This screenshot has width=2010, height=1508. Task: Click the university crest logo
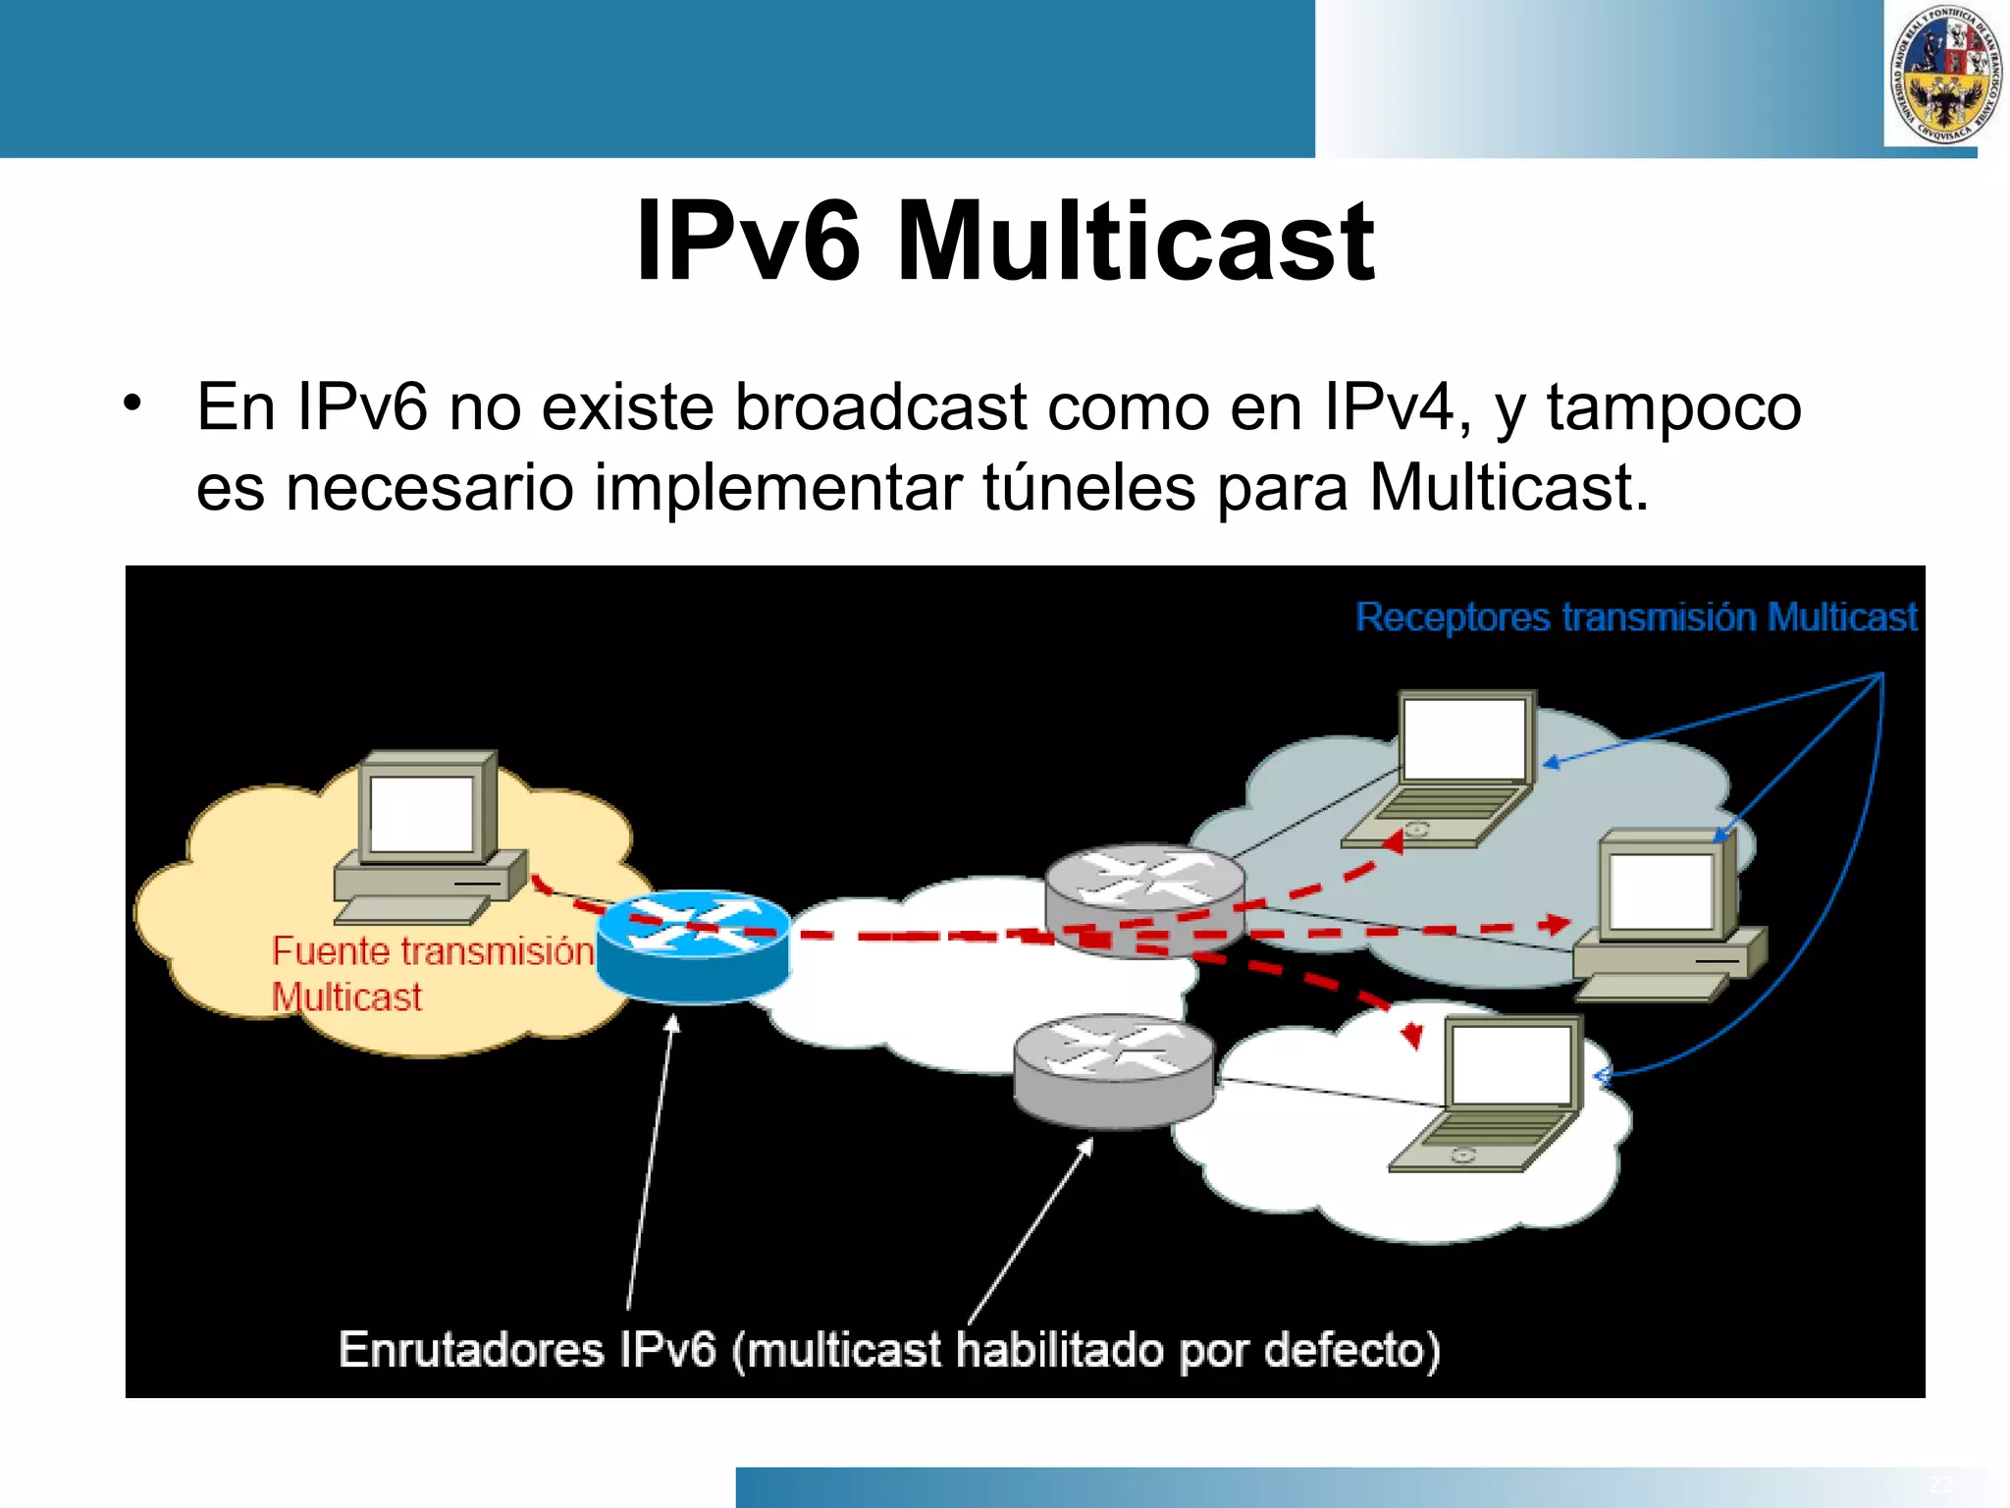[1945, 74]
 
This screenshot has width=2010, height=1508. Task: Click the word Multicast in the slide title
[1136, 242]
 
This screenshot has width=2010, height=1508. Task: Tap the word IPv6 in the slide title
[748, 242]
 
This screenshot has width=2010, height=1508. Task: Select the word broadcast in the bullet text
[880, 406]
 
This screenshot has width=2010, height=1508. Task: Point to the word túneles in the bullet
[1089, 487]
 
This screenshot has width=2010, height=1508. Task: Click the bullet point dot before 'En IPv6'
[132, 404]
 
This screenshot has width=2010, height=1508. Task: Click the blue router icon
[693, 945]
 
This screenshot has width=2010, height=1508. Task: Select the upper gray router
[1144, 898]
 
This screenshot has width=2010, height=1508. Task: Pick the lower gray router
[1113, 1070]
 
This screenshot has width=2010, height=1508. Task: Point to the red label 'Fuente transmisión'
[432, 951]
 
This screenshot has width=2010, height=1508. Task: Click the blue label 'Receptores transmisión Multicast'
[1635, 618]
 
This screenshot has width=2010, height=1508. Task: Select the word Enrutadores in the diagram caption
[471, 1350]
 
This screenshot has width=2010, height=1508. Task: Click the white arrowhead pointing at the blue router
[672, 1023]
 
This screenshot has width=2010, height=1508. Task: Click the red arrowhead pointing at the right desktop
[1556, 924]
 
